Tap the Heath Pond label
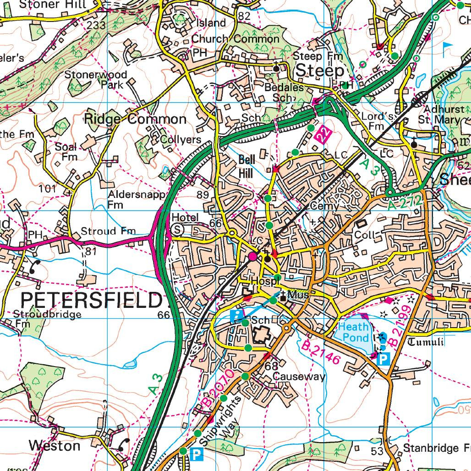tap(353, 332)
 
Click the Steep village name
tap(319, 71)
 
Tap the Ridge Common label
tap(135, 119)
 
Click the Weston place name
tap(54, 445)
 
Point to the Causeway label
tap(299, 377)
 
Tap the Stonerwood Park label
tap(96, 79)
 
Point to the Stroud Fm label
tap(108, 230)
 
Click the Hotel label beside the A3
tap(185, 217)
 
